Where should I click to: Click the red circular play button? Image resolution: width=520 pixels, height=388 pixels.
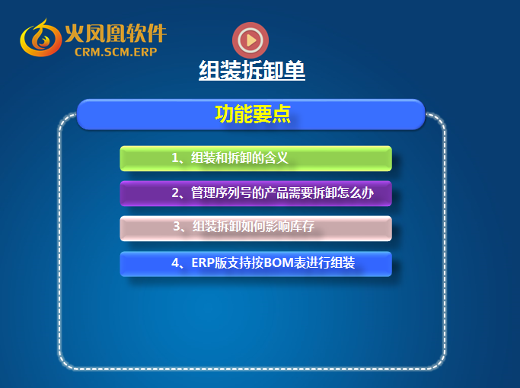point(250,40)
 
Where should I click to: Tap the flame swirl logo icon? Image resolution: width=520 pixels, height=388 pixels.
point(40,38)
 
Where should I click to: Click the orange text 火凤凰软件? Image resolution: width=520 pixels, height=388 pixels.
point(116,33)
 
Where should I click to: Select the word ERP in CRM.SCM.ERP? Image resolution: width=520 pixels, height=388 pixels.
point(145,52)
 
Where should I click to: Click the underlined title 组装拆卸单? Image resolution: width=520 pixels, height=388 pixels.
point(252,70)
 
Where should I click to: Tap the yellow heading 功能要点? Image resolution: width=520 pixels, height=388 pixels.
point(253,114)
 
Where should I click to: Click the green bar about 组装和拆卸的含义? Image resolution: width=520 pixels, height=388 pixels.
point(256,158)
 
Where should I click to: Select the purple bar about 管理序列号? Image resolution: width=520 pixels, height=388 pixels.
point(256,193)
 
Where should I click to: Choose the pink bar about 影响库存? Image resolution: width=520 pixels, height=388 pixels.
point(256,228)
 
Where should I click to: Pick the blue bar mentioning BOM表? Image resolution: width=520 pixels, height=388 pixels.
point(256,264)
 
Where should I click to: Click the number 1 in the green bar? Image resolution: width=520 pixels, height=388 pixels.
point(175,158)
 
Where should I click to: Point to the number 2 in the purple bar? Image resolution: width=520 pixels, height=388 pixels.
point(175,192)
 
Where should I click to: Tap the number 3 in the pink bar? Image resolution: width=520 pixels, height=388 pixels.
point(177,226)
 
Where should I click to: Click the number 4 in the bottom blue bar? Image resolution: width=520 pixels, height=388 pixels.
point(175,262)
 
